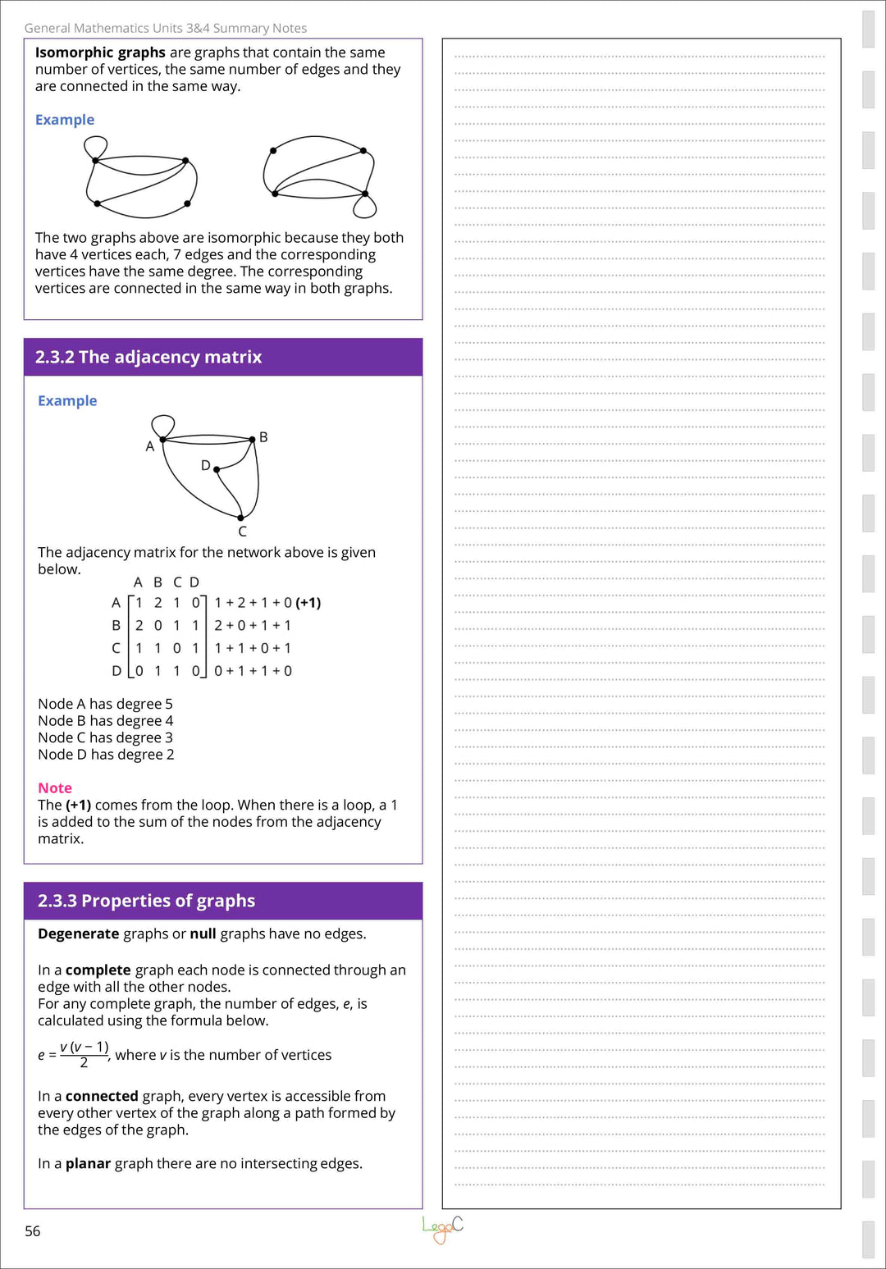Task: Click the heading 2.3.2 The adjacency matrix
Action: [x=148, y=357]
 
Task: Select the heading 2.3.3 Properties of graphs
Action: [x=146, y=901]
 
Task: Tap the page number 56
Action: [x=33, y=1231]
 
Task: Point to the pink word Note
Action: [x=55, y=787]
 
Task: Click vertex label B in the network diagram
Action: [x=263, y=437]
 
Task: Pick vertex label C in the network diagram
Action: [x=242, y=532]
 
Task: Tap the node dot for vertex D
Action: [x=217, y=469]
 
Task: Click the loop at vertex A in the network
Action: [x=163, y=425]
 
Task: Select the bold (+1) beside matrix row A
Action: [x=308, y=603]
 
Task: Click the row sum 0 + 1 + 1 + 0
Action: [x=253, y=671]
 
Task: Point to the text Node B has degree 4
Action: [x=105, y=721]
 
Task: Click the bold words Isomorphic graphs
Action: [x=100, y=52]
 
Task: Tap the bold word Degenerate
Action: [x=79, y=933]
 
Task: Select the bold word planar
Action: [x=88, y=1163]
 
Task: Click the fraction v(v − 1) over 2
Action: [x=84, y=1054]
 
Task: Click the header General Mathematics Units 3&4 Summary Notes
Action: [x=166, y=28]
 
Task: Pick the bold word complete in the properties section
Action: [x=98, y=970]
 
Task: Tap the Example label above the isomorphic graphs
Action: [x=65, y=120]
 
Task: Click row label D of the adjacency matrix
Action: [x=116, y=671]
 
